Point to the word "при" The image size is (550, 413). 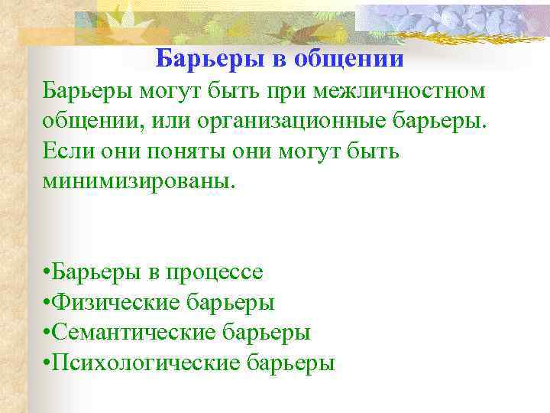293,91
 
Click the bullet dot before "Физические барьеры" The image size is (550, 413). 47,303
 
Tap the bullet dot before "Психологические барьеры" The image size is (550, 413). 47,363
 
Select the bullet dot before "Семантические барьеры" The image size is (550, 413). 47,333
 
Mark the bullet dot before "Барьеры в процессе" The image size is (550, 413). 47,272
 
